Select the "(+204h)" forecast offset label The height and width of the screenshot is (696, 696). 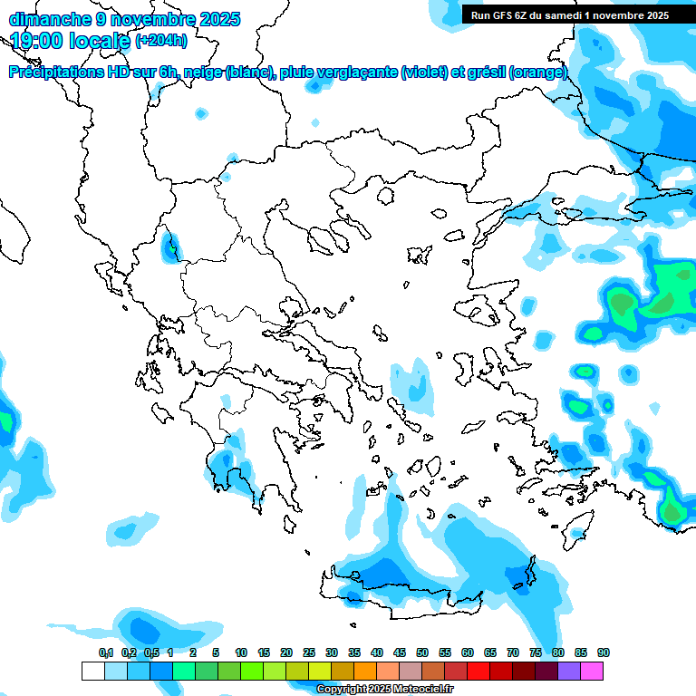pyautogui.click(x=161, y=40)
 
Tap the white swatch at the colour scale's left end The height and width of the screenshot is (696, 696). pyautogui.click(x=92, y=671)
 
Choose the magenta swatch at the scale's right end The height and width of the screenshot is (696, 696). pyautogui.click(x=592, y=671)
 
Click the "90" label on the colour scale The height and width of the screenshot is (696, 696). pyautogui.click(x=603, y=652)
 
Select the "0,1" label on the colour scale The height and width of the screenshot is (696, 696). pyautogui.click(x=106, y=652)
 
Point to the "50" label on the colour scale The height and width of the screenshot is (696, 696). pyautogui.click(x=422, y=652)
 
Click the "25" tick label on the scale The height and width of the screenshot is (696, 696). pyautogui.click(x=309, y=652)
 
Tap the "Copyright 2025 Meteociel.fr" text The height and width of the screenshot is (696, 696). pyautogui.click(x=384, y=690)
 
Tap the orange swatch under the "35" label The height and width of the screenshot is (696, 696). pyautogui.click(x=365, y=671)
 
